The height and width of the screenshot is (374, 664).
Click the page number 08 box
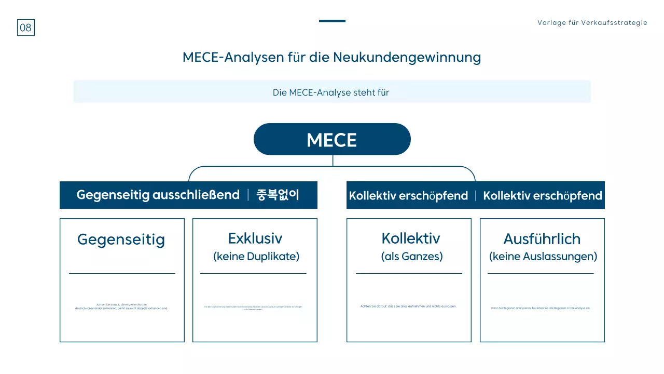pos(25,28)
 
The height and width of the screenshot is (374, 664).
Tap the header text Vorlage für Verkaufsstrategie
pos(592,23)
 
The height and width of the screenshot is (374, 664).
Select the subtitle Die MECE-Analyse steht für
pos(331,92)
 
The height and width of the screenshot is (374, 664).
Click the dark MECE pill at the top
pos(332,139)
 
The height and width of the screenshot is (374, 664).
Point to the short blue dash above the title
pos(332,21)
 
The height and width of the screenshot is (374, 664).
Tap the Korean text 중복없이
pos(278,195)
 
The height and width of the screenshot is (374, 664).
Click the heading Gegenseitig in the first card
pos(121,239)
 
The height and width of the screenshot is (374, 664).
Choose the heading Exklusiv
pos(255,238)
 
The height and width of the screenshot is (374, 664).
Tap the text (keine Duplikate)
pos(256,257)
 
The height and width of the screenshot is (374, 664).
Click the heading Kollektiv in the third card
pos(410,238)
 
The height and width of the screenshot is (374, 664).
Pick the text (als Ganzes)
pos(412,257)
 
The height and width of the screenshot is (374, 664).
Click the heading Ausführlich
pos(542,239)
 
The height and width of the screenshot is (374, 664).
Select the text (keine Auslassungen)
pos(543,257)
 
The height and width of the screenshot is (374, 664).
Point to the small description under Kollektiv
pos(408,306)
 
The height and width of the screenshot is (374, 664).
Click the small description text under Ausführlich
pos(541,308)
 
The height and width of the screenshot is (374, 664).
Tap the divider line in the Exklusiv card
pos(253,273)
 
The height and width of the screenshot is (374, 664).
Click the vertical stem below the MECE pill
pos(333,161)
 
